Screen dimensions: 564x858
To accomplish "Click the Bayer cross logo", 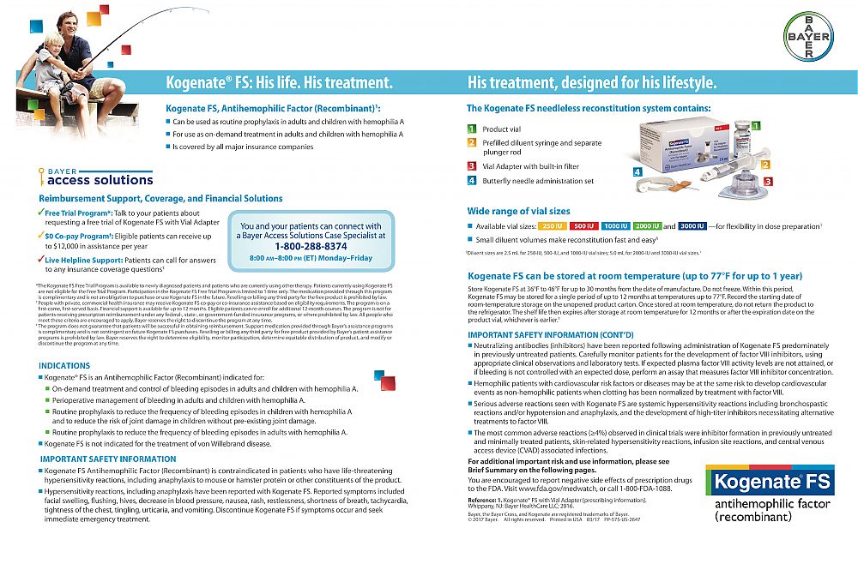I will pyautogui.click(x=808, y=38).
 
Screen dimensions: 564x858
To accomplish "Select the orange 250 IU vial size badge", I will pyautogui.click(x=552, y=225).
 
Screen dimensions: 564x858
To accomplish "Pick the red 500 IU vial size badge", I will pyautogui.click(x=584, y=225).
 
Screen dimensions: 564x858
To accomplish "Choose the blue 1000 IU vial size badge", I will pyautogui.click(x=616, y=225).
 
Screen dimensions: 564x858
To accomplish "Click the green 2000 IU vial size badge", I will pyautogui.click(x=648, y=225).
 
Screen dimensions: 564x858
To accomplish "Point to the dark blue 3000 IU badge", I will pyautogui.click(x=692, y=225).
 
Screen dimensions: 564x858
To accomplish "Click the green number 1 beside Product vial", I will pyautogui.click(x=471, y=128).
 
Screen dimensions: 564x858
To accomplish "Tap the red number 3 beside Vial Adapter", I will pyautogui.click(x=471, y=165).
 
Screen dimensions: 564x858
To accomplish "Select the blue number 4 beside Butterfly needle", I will pyautogui.click(x=471, y=181).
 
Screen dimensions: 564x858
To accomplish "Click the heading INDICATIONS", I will pyautogui.click(x=64, y=365).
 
